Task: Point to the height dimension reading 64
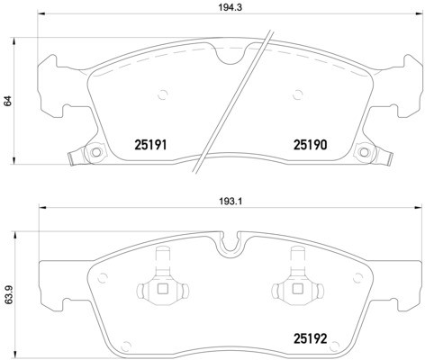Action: tap(7, 100)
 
